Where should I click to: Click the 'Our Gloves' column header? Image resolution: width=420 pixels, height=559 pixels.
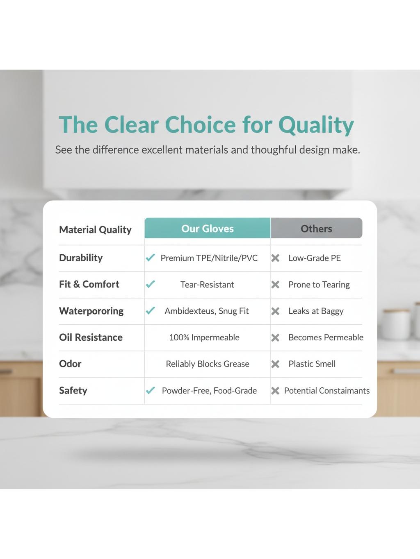[x=207, y=228]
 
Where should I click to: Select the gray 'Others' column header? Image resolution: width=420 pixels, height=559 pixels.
[x=317, y=228]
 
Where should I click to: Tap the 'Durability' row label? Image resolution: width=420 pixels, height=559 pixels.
[x=81, y=258]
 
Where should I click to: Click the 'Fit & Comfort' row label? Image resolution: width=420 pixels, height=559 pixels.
[x=89, y=284]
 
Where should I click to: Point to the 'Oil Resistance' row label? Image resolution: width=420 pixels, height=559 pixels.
[x=91, y=337]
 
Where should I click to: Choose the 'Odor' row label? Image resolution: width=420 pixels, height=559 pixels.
[x=70, y=364]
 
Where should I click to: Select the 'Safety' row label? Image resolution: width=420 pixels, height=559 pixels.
[x=73, y=390]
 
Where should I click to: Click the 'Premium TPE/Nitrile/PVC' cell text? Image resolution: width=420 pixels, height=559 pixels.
[x=209, y=258]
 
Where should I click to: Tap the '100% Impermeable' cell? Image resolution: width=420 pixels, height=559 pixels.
[x=204, y=337]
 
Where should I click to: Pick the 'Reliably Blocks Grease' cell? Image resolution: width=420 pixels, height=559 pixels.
[x=208, y=364]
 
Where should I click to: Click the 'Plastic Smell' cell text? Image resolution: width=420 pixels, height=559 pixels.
[x=312, y=364]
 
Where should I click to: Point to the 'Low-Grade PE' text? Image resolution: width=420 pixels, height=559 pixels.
[x=315, y=258]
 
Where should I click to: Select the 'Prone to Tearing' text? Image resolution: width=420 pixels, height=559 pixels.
[x=319, y=285]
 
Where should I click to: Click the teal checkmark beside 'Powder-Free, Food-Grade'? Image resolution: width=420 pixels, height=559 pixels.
[x=150, y=390]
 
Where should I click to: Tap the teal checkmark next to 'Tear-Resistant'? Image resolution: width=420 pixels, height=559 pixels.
[x=150, y=284]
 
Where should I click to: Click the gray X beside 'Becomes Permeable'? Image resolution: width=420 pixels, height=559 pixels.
[x=275, y=338]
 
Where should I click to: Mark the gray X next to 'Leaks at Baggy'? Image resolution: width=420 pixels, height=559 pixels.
[x=275, y=311]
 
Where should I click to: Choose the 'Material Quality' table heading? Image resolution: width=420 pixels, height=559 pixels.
[x=96, y=230]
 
